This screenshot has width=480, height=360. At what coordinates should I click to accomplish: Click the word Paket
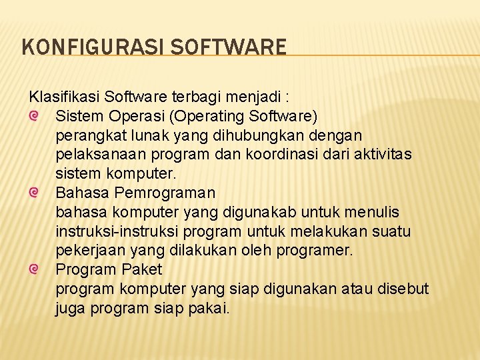[x=142, y=270]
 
